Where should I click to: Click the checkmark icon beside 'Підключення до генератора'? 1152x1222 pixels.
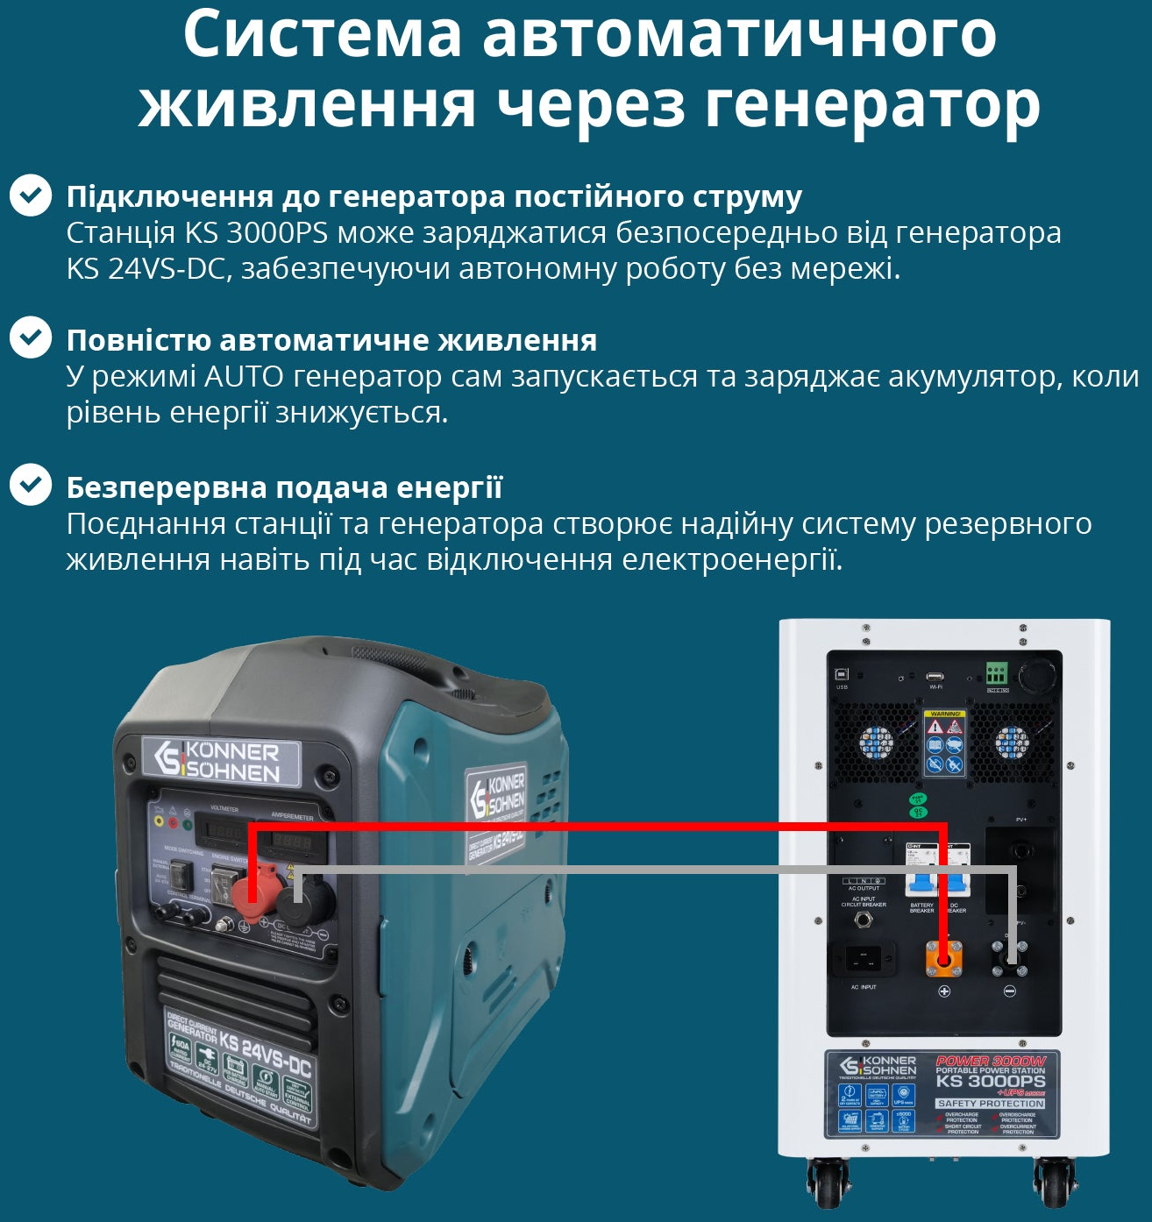tap(31, 195)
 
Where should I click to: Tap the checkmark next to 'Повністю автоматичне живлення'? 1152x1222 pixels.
tap(31, 338)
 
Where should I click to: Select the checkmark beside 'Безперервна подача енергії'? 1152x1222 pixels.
tap(31, 485)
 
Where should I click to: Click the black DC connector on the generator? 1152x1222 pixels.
tap(303, 903)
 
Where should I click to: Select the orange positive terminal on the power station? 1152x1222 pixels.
tap(944, 959)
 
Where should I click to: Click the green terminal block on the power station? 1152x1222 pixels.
tap(997, 673)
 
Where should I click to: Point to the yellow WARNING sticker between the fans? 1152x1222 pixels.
tap(945, 743)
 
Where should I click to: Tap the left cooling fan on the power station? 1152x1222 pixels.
tap(875, 743)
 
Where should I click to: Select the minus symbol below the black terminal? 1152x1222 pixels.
tap(1009, 991)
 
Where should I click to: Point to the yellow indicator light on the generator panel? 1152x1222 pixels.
tap(159, 821)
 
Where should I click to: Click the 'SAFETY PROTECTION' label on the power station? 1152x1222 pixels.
tap(990, 1104)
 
